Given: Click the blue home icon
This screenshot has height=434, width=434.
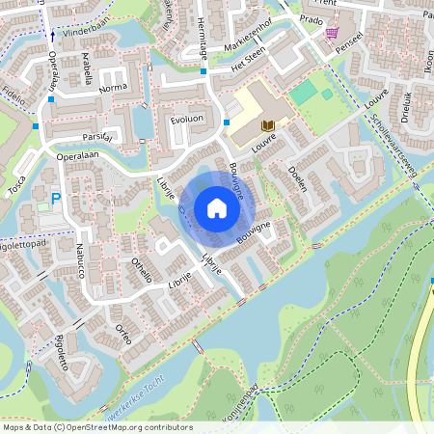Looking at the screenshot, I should click(217, 208).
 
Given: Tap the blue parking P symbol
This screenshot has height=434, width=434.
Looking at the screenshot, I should click(56, 200).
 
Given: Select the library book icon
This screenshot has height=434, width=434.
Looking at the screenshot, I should click(268, 126).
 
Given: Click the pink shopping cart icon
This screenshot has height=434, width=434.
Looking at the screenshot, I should click(332, 33).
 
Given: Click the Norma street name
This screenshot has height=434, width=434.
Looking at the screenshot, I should click(113, 88).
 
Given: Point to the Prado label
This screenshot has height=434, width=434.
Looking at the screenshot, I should click(311, 18).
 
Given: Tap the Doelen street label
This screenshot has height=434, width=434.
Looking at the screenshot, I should click(297, 179).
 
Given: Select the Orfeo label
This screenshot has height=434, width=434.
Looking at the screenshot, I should click(122, 334).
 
